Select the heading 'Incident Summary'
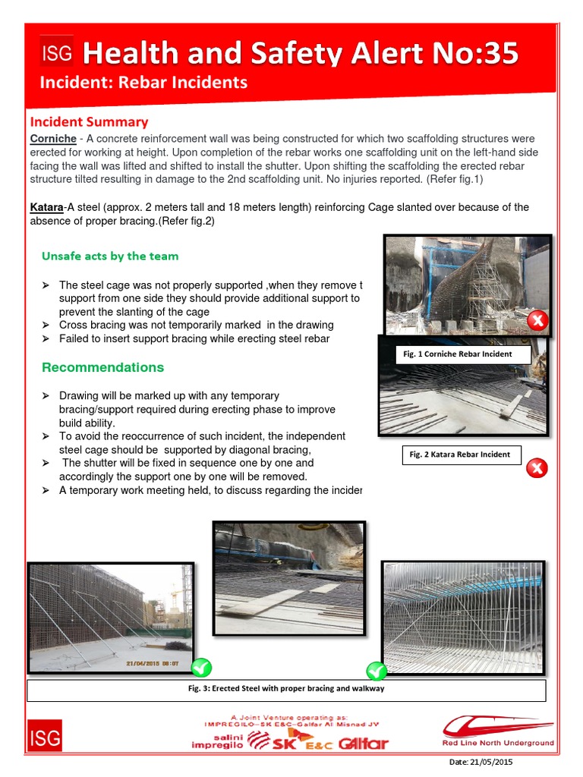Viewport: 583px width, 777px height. pos(89,121)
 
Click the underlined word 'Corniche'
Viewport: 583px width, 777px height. pos(53,139)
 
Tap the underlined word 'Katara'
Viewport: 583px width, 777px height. pos(46,207)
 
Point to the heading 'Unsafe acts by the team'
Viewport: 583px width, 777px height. pos(110,256)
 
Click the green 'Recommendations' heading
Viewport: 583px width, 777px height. pos(102,367)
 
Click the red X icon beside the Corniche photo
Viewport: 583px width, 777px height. pos(537,320)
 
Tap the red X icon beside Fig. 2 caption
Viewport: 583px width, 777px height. pos(536,467)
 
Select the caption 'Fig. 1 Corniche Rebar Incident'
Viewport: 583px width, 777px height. pos(458,354)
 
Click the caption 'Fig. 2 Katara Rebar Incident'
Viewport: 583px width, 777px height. pos(460,455)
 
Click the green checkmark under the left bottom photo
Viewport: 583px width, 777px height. pos(201,668)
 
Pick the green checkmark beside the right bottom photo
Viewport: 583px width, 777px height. pos(377,670)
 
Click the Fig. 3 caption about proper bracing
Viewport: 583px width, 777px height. pos(286,689)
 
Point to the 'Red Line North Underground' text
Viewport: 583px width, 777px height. pos(498,743)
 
